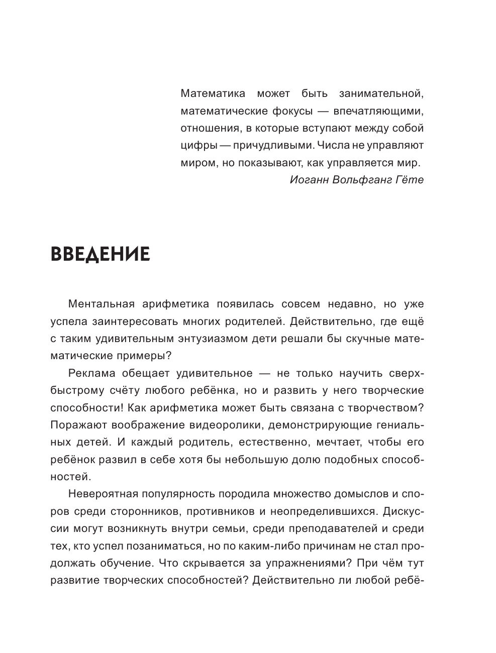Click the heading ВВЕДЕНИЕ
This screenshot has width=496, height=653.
tap(101, 254)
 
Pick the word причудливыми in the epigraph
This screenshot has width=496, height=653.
tap(266, 146)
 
